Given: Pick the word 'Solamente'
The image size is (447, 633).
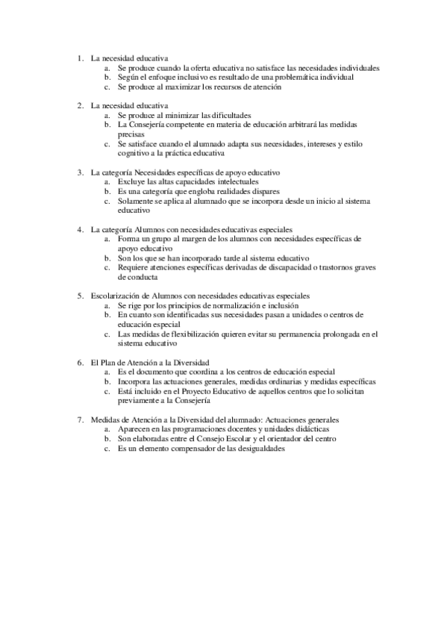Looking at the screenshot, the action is tap(136, 201).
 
